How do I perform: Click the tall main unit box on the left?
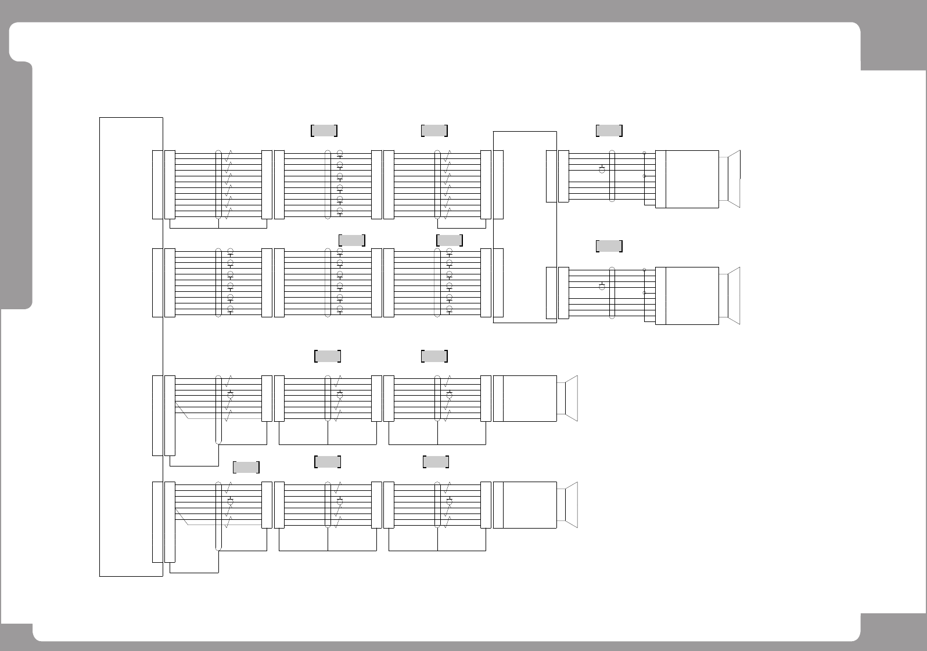tap(131, 346)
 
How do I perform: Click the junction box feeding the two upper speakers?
tap(524, 227)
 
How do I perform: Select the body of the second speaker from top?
tap(692, 295)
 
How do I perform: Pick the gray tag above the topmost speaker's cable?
tap(609, 131)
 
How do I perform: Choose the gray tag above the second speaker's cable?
tap(609, 246)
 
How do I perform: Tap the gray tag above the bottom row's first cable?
tap(246, 467)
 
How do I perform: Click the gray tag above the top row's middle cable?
tap(324, 131)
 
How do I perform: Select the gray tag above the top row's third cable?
tap(434, 131)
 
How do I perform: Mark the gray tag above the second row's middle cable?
tap(351, 240)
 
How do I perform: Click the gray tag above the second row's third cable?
tap(449, 240)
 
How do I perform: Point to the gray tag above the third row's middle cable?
tap(327, 356)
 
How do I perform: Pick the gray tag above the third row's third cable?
tap(434, 356)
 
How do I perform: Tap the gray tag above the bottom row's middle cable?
tap(327, 462)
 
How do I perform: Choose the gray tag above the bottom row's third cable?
tap(436, 462)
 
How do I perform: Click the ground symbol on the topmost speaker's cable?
tap(602, 169)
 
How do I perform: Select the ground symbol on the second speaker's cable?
tap(602, 286)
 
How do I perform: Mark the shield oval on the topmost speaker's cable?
tap(612, 176)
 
